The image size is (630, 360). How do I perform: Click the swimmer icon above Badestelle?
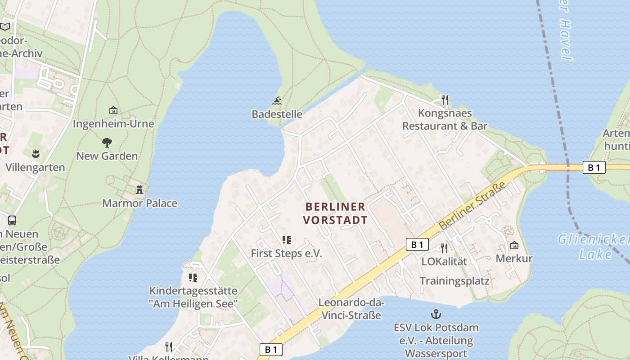tap(277, 100)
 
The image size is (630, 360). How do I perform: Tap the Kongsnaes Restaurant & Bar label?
tap(445, 119)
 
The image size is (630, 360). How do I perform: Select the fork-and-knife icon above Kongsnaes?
tap(445, 99)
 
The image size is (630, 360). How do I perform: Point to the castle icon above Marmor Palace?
tap(139, 190)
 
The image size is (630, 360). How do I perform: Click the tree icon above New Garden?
tap(107, 143)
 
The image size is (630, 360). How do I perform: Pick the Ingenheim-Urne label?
tap(113, 124)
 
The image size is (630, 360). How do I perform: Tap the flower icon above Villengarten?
tap(36, 154)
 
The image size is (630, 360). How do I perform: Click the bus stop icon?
tap(12, 220)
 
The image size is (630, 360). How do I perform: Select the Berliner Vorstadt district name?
tap(335, 213)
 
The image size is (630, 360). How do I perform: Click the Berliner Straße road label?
tap(472, 205)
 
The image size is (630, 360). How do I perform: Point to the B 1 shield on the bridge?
tap(594, 167)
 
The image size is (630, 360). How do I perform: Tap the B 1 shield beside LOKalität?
tap(417, 244)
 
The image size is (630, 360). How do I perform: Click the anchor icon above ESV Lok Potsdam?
tap(436, 314)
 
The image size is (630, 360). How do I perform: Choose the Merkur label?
tap(514, 259)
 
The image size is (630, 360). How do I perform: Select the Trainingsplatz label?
tap(454, 281)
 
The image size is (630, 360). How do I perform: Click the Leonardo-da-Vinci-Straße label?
tap(351, 309)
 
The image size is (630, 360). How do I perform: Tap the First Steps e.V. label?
tap(286, 253)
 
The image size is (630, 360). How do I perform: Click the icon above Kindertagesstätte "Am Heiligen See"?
tap(193, 277)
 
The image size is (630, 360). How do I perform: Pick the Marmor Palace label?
tap(139, 203)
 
